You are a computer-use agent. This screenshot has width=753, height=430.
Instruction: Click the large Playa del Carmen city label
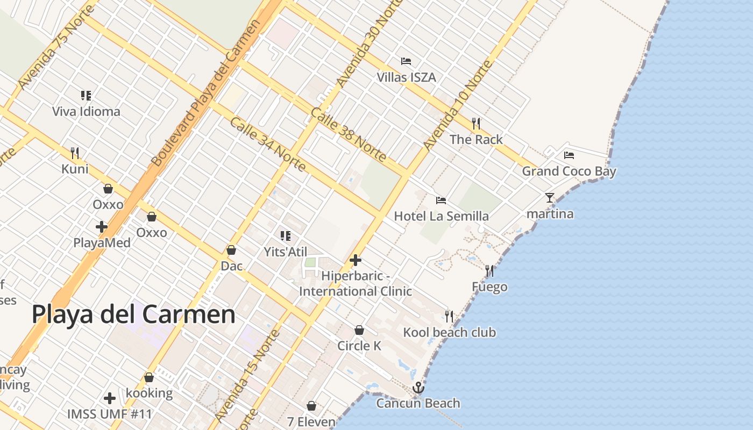[x=133, y=314]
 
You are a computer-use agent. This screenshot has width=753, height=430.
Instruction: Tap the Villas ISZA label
[x=406, y=77]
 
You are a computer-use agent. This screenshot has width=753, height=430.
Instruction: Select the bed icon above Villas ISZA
[x=406, y=61]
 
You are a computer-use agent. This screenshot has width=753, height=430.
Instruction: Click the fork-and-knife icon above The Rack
[x=476, y=124]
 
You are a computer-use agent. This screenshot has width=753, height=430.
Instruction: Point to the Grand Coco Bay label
[x=569, y=171]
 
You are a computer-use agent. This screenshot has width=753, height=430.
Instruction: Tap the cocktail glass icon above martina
[x=549, y=198]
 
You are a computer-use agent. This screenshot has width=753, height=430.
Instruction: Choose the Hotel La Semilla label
[x=441, y=216]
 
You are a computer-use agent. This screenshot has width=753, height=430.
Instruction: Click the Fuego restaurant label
[x=489, y=287]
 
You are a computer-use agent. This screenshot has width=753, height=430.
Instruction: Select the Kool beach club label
[x=450, y=332]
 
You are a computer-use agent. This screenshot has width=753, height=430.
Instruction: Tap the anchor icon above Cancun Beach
[x=418, y=388]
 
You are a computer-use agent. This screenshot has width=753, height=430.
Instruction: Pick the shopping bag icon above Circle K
[x=359, y=330]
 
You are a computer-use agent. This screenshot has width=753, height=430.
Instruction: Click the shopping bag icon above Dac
[x=231, y=250]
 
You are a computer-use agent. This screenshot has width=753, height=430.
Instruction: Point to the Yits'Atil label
[x=285, y=252]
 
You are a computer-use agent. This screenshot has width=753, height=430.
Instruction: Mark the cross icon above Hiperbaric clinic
[x=356, y=261]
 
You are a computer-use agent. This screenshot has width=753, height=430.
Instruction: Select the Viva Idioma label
[x=86, y=112]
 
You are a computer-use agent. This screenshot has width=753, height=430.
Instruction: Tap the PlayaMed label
[x=102, y=243]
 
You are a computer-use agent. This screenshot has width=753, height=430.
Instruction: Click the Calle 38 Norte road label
[x=349, y=135]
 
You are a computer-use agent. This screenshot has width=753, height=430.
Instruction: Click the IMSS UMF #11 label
[x=110, y=414]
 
